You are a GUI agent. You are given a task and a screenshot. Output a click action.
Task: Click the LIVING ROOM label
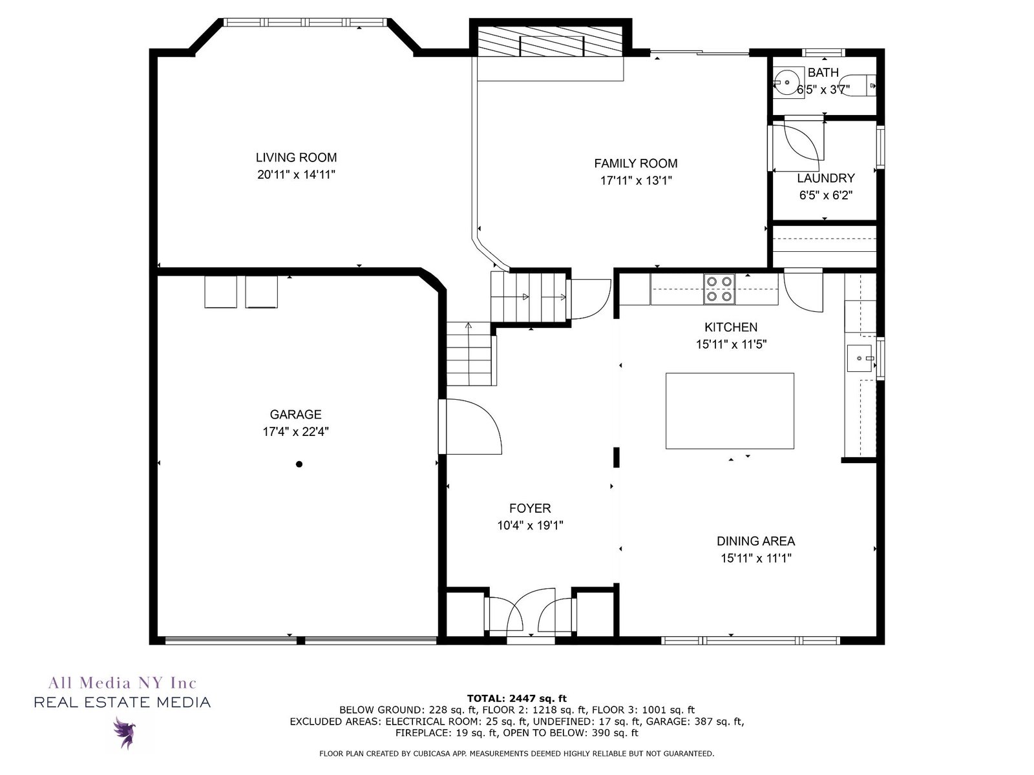(296, 157)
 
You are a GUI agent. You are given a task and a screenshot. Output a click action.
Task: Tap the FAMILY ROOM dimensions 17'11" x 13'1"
(635, 180)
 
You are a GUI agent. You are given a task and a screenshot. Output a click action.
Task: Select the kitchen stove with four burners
(719, 289)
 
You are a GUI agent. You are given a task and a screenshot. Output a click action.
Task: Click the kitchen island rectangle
(729, 411)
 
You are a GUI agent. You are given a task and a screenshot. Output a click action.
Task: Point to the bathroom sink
(786, 83)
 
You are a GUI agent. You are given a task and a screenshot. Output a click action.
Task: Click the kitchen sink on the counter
(860, 358)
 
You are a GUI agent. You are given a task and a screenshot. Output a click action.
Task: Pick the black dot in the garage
(299, 464)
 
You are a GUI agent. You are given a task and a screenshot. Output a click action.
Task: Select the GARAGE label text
(295, 414)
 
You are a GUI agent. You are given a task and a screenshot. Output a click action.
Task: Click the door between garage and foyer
(470, 427)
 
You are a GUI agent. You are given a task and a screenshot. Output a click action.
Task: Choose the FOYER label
(530, 508)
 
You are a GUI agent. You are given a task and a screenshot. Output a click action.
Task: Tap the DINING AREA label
(755, 541)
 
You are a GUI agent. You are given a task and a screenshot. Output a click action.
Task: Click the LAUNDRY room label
(825, 178)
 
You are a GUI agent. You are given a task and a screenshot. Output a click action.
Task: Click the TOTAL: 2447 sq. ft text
(516, 698)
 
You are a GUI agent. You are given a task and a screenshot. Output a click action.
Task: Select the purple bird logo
(125, 732)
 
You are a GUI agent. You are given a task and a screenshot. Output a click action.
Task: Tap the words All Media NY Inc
(123, 682)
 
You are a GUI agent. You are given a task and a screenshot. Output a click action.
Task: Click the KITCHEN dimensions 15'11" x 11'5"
(731, 344)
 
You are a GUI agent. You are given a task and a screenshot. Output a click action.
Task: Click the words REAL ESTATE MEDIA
(123, 703)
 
